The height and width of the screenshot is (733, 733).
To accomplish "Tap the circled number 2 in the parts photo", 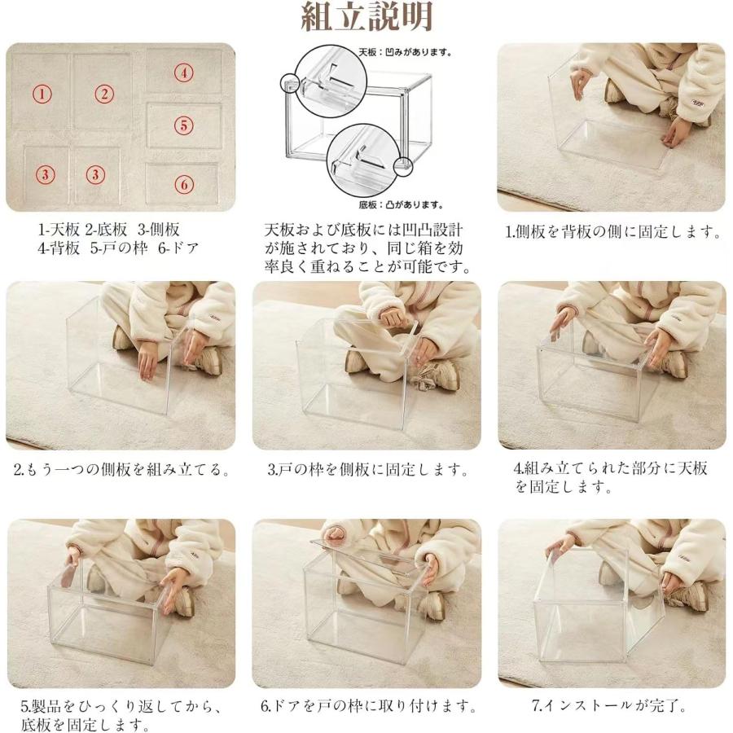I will tap(103, 94).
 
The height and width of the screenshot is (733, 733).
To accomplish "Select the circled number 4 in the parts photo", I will tap(184, 72).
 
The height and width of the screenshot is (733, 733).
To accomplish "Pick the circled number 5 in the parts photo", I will tap(184, 125).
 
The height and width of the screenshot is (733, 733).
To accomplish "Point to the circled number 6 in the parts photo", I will tap(184, 184).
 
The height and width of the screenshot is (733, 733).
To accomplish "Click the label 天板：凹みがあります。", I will tap(406, 52).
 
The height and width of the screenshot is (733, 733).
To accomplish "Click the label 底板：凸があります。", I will tap(401, 205).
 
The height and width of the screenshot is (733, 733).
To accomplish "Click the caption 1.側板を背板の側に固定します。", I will tap(613, 231).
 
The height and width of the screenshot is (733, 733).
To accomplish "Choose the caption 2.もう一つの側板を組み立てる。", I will tap(121, 470).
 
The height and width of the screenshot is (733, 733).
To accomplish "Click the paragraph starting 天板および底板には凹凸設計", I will tap(368, 248).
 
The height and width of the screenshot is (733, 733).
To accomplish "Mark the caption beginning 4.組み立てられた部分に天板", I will tap(611, 478).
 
